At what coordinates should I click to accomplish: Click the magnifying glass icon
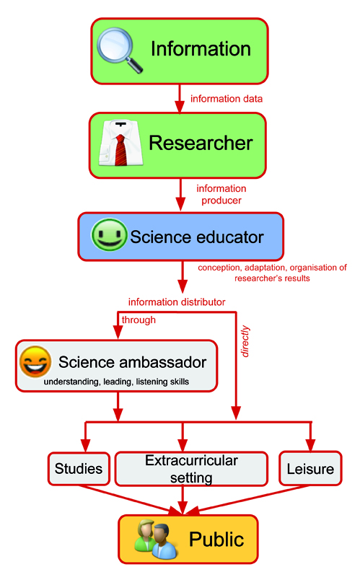(x=119, y=50)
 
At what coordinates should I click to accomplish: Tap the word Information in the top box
(x=201, y=49)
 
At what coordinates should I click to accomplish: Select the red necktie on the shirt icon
(x=121, y=149)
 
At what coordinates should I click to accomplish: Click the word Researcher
(x=201, y=143)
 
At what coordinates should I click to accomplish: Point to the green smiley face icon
(x=109, y=235)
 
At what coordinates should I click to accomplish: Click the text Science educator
(x=197, y=237)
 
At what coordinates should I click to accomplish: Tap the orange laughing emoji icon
(x=35, y=362)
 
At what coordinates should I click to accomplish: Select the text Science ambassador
(x=133, y=362)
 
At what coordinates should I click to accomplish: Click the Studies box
(x=79, y=469)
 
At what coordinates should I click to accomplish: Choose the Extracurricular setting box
(x=191, y=469)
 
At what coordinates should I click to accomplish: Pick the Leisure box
(x=310, y=469)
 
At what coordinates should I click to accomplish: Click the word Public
(x=216, y=539)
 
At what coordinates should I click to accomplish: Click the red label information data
(x=227, y=99)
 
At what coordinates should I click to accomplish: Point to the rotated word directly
(x=245, y=341)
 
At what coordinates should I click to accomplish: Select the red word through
(x=139, y=320)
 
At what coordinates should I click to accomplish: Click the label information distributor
(x=177, y=302)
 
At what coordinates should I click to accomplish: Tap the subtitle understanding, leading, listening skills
(x=116, y=382)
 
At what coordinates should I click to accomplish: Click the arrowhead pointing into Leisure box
(x=310, y=445)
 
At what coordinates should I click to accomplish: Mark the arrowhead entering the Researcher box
(x=179, y=107)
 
